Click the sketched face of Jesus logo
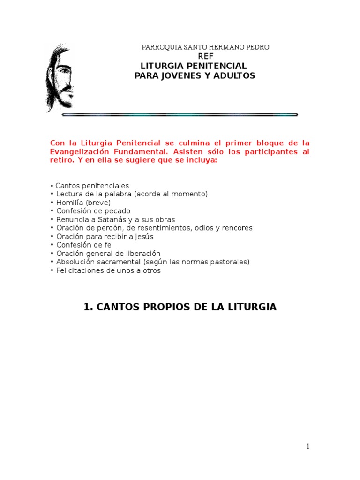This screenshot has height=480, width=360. (59, 77)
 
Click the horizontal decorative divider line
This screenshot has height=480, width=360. (180, 114)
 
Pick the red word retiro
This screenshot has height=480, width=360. (60, 160)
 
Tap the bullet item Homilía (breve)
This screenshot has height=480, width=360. (83, 202)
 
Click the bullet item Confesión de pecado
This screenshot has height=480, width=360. (93, 211)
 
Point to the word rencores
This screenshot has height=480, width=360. (236, 228)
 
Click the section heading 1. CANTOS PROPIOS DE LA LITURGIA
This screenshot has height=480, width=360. (180, 307)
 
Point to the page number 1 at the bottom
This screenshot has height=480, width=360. (307, 446)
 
